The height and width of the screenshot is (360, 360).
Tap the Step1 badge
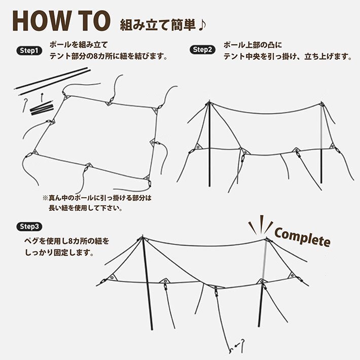click(x=28, y=51)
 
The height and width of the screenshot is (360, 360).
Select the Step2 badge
click(x=202, y=50)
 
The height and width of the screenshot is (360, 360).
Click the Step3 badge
click(x=29, y=226)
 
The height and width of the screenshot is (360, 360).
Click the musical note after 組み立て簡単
click(x=201, y=24)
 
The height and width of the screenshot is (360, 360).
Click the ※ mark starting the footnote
click(x=46, y=198)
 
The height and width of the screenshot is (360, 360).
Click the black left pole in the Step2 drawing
click(x=208, y=147)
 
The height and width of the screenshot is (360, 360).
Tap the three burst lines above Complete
click(x=260, y=224)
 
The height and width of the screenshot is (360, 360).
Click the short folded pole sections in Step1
click(x=41, y=108)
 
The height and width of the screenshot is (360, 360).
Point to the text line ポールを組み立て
click(x=78, y=45)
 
